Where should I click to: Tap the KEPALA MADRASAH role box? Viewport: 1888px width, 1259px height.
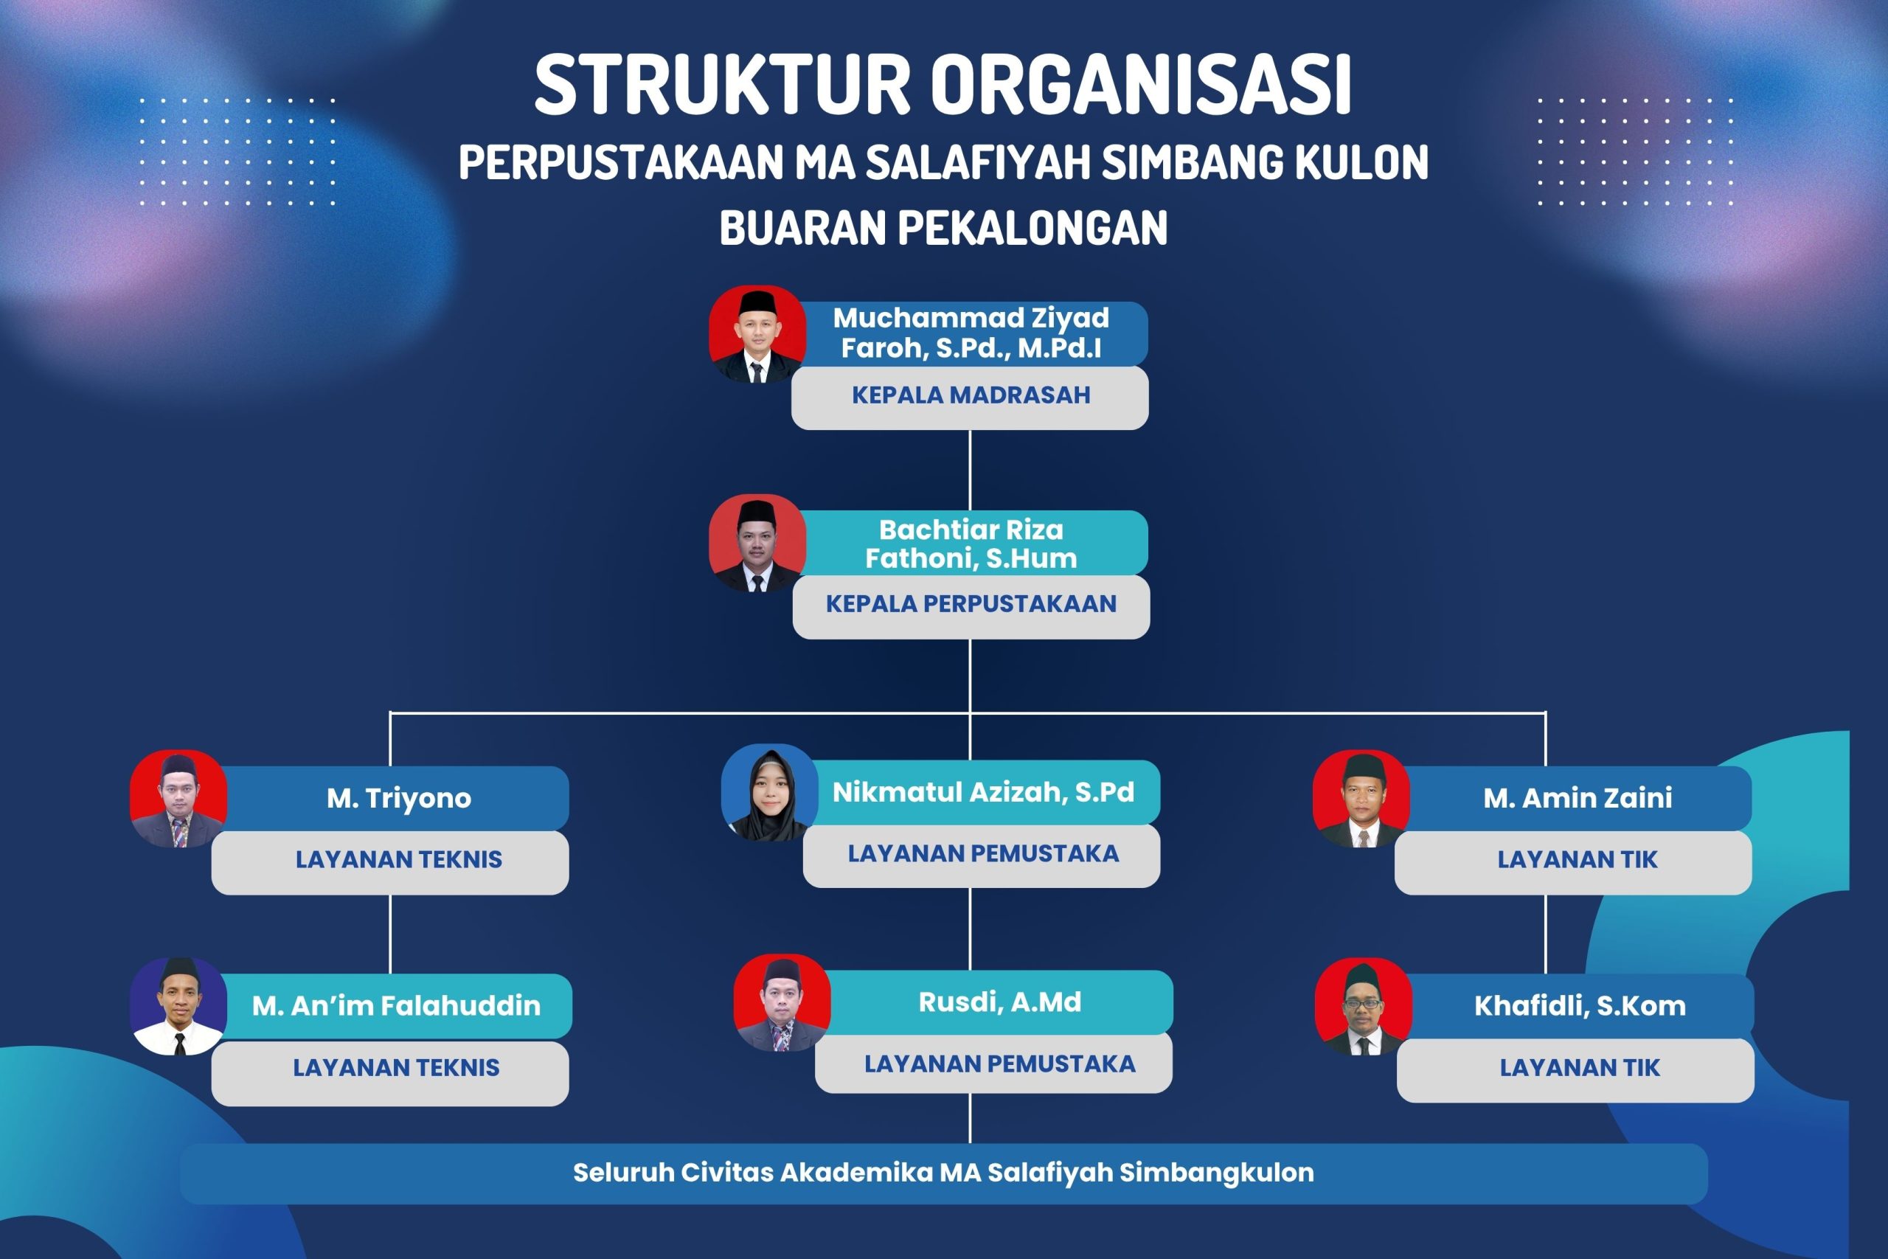[970, 398]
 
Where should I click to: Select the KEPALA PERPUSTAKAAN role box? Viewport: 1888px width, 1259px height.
[971, 606]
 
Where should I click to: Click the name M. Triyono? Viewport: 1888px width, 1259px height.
[399, 798]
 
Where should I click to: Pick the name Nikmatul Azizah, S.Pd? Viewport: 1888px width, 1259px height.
[983, 792]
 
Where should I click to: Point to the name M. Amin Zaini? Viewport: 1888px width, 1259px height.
[1578, 798]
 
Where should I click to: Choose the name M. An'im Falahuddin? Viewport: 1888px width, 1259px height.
[397, 1005]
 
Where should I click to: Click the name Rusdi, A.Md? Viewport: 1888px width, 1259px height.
[1000, 1002]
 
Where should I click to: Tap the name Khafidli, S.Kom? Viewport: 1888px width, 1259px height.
[1580, 1006]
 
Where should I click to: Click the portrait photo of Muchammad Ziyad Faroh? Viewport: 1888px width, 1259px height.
[757, 334]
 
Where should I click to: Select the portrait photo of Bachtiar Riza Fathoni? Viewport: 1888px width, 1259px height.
[757, 543]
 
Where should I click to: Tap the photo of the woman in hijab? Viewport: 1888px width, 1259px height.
[769, 792]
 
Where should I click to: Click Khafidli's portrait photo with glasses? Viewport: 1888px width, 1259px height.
[1363, 1006]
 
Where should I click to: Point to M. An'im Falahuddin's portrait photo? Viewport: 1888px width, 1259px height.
[178, 1006]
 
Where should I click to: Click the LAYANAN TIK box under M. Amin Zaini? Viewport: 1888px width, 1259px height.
[1573, 862]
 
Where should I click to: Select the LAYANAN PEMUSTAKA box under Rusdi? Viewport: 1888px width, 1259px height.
[993, 1063]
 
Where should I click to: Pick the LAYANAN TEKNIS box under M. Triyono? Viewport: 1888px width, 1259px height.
[390, 862]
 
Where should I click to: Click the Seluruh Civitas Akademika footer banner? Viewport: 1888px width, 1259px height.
[944, 1174]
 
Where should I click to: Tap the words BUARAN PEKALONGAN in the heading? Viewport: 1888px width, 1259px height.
[943, 228]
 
